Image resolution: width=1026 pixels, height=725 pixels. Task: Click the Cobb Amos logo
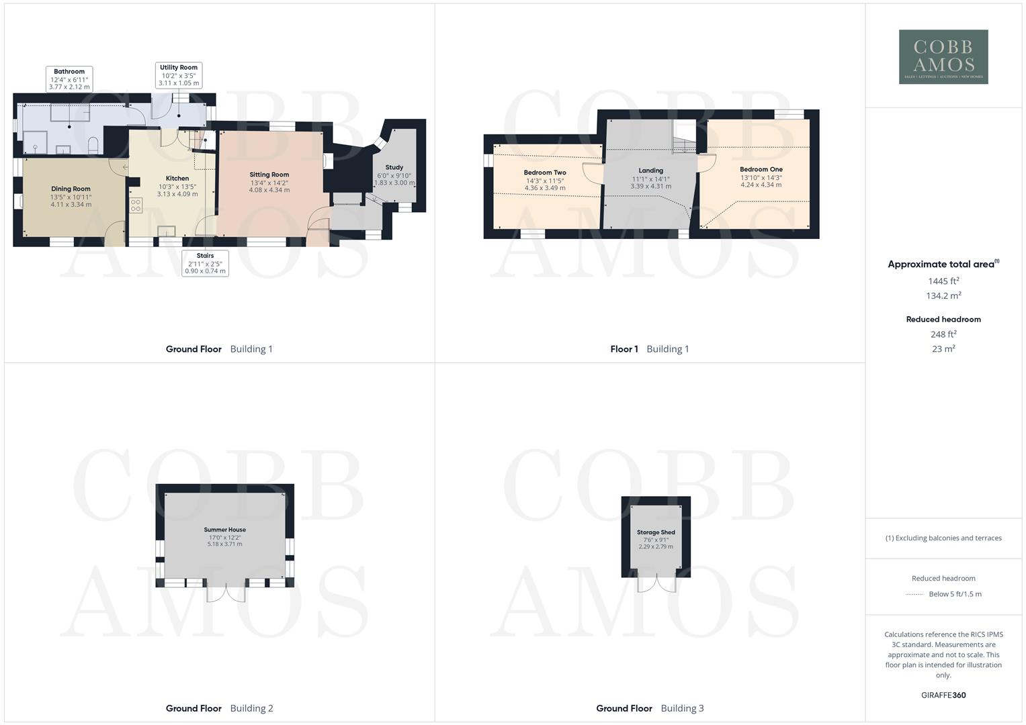[943, 56]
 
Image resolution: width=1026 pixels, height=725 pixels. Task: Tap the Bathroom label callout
[69, 79]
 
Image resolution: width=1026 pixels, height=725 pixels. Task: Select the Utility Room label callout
[179, 75]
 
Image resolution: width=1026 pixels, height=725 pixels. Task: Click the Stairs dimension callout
[206, 263]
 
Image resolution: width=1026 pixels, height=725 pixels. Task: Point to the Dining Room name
[71, 189]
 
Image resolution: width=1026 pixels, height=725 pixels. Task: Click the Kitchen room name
[177, 179]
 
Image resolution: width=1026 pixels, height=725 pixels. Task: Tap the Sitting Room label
[269, 175]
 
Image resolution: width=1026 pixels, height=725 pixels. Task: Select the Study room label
[394, 167]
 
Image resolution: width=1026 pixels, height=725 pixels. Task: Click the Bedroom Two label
[545, 173]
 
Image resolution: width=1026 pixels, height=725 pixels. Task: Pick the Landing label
[650, 171]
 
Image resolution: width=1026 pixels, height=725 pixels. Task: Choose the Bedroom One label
[761, 169]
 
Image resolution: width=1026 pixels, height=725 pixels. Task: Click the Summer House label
[225, 530]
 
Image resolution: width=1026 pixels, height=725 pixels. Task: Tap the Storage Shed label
[656, 532]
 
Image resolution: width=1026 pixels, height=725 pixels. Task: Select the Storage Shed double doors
[656, 585]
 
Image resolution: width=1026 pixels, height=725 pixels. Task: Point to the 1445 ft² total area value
[943, 281]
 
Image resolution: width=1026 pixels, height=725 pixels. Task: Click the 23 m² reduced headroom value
[943, 349]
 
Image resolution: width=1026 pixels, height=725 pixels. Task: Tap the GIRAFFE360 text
[943, 695]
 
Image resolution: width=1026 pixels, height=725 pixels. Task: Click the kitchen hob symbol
[136, 205]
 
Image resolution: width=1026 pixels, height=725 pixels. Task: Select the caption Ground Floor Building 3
[650, 708]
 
